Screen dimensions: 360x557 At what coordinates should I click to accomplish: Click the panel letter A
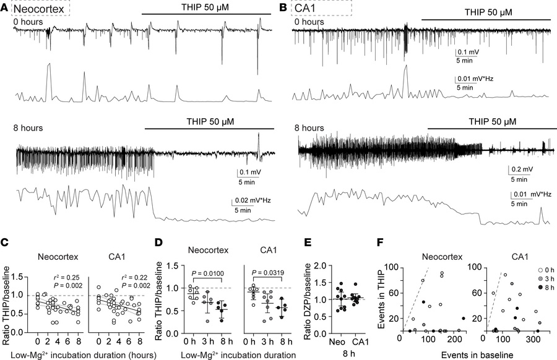6,7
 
